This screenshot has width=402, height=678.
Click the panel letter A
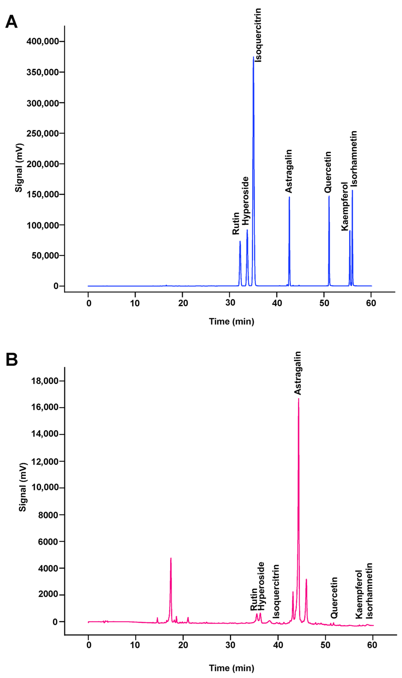[11, 22]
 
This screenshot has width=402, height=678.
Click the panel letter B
[12, 360]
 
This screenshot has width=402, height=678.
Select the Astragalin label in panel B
[298, 373]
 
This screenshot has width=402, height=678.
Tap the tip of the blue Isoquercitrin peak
[253, 57]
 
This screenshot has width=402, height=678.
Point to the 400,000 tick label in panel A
[43, 41]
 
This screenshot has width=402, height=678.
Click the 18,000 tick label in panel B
[45, 381]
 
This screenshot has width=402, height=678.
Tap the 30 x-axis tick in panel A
[230, 303]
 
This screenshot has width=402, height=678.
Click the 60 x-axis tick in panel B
[372, 645]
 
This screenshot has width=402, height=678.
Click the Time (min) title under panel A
[231, 322]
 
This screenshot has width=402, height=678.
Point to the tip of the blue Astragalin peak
[289, 197]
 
